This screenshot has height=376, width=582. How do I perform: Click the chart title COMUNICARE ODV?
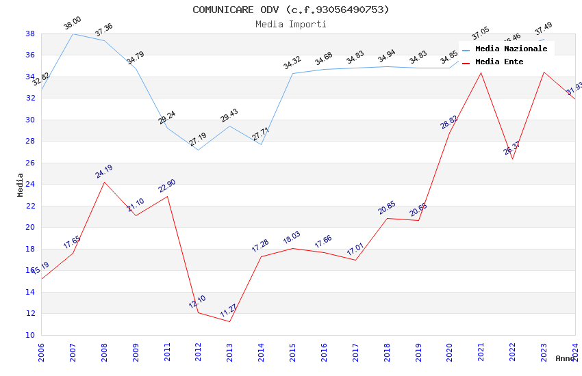pos(291,10)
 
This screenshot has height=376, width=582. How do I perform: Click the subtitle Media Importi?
pos(291,24)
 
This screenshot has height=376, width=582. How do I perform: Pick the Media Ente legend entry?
pos(499,62)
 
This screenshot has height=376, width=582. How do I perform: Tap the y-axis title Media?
pos(21,185)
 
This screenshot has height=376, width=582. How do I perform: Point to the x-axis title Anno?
pos(565,358)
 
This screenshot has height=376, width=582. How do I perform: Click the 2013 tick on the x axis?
pos(230,349)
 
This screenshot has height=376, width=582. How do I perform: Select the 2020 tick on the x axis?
pos(450,349)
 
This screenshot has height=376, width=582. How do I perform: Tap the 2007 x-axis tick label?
pos(73,349)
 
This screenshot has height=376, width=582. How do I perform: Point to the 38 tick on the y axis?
pos(30,33)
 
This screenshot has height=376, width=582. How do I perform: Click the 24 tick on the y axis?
pos(30,184)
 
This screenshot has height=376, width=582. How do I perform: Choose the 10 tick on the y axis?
pos(30,335)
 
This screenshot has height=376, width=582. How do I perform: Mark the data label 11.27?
pos(229,311)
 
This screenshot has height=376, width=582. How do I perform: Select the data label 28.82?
pos(449,122)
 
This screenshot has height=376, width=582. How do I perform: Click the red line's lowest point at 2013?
pos(229,321)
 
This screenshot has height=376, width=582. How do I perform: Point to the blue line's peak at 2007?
pos(73,33)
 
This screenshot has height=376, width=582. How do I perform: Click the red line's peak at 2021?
pos(481,72)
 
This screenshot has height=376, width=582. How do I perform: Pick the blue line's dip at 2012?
pos(198,150)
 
